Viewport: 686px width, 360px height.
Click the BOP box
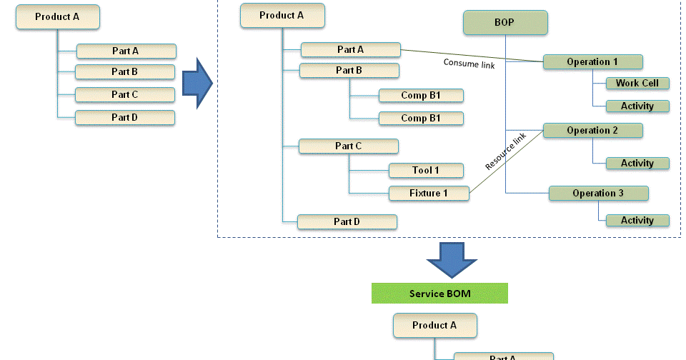point(505,22)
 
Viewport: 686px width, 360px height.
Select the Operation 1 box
point(592,62)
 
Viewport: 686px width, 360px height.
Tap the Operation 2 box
point(592,131)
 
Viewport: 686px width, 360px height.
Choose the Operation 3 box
point(598,193)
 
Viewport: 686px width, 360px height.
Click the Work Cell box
point(637,84)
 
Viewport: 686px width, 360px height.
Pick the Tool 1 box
point(426,170)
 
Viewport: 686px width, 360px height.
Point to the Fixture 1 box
point(429,193)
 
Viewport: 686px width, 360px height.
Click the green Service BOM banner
point(439,294)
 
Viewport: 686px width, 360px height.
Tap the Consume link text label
point(465,63)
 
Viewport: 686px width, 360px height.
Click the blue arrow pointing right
point(197,84)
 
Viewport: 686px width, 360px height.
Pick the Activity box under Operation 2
point(637,163)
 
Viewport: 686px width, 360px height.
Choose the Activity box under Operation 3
point(637,220)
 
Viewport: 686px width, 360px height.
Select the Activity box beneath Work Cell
point(637,106)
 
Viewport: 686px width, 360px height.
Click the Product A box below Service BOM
point(434,326)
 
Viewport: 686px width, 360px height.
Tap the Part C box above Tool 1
point(349,146)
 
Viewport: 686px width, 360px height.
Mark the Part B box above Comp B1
point(349,71)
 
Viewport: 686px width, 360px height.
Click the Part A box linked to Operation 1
point(350,50)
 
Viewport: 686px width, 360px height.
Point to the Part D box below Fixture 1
point(347,221)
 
